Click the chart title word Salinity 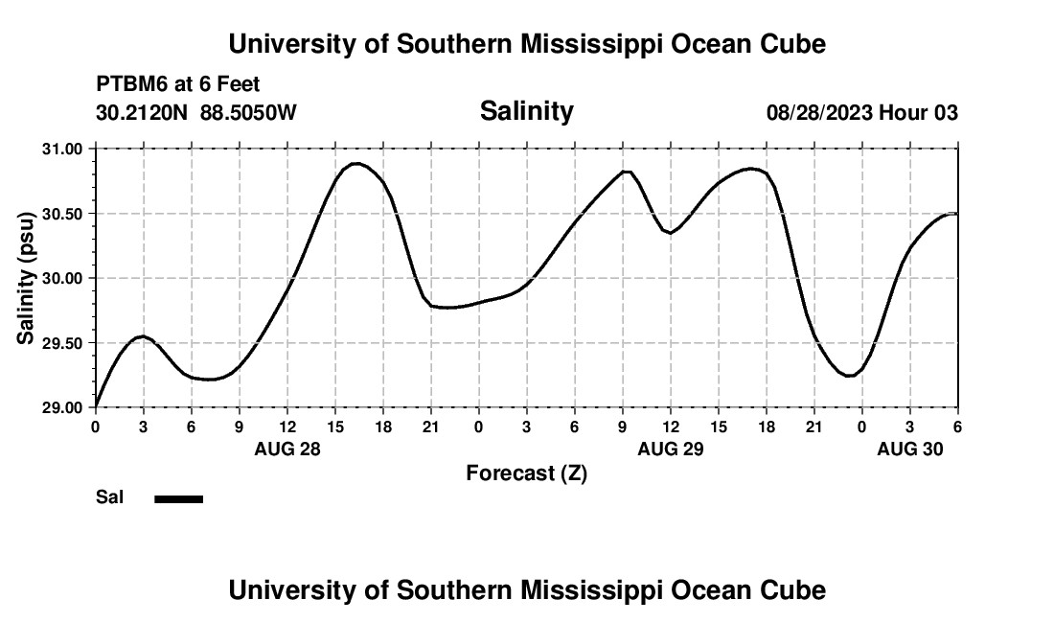coord(526,111)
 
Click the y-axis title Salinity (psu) coord(26,279)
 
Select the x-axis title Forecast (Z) coord(526,473)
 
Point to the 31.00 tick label coord(62,149)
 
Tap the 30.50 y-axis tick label coord(62,214)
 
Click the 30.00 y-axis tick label coord(62,278)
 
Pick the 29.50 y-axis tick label coord(62,343)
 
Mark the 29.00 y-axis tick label coord(62,407)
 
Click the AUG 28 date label coord(286,449)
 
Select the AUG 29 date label coord(670,449)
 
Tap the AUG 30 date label coord(909,449)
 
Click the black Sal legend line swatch coord(179,498)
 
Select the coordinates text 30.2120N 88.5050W coord(196,113)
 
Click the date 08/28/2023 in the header coord(818,113)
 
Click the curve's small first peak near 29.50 coord(143,336)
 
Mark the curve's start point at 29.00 coord(96,406)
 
